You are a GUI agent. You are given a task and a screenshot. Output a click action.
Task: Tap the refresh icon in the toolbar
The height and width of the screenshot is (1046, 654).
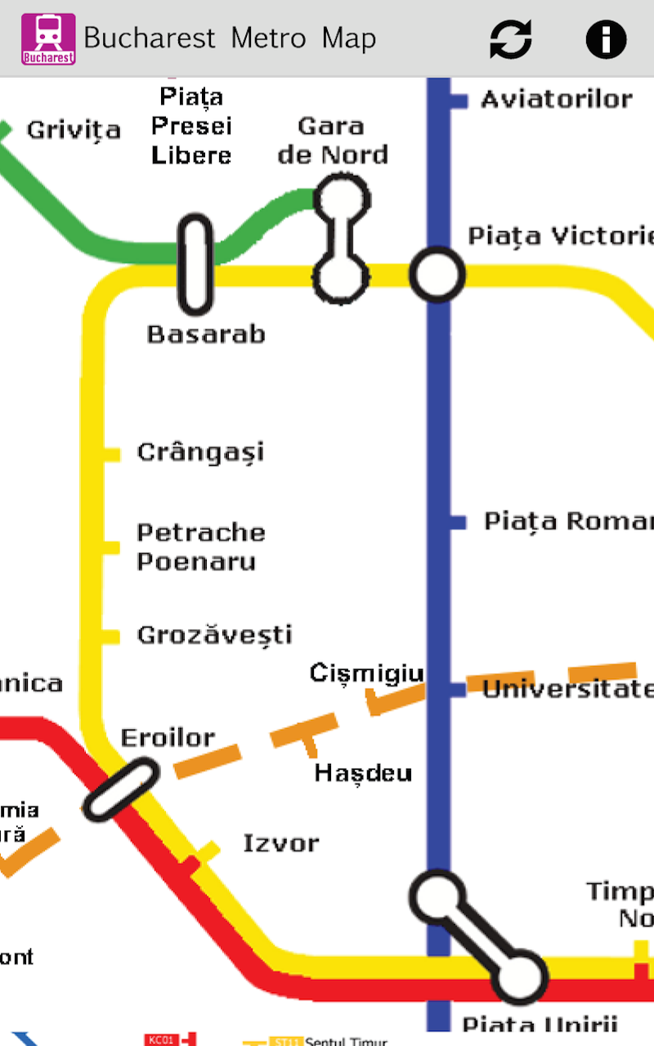click(x=511, y=38)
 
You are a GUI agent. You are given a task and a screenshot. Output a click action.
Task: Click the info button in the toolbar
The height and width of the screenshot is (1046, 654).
click(x=606, y=38)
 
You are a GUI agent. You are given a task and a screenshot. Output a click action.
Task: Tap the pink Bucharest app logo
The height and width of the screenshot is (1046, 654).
click(x=48, y=38)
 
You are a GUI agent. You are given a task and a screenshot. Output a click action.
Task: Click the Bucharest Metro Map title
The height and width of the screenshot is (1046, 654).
click(x=230, y=38)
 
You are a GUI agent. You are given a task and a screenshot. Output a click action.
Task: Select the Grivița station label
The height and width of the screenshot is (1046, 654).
click(x=74, y=130)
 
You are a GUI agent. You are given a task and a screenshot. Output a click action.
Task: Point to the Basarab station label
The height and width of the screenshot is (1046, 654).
click(x=206, y=334)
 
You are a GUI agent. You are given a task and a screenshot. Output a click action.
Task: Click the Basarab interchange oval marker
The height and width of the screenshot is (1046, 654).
click(x=195, y=265)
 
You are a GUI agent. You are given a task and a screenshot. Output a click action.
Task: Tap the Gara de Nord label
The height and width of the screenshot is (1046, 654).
click(x=332, y=141)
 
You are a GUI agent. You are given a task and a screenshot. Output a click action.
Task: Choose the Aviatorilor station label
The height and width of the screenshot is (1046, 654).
click(x=557, y=100)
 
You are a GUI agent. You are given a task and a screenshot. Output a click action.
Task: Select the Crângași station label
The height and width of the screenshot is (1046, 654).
click(x=200, y=452)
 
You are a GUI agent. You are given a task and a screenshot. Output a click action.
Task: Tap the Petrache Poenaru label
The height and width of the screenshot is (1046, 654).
click(x=200, y=547)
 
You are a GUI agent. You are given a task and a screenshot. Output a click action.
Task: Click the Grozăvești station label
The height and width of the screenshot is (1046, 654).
click(x=214, y=635)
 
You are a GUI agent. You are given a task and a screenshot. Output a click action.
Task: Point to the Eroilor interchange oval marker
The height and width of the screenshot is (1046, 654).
click(x=122, y=789)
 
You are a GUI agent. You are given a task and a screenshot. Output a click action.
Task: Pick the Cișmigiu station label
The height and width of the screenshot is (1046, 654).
click(x=366, y=673)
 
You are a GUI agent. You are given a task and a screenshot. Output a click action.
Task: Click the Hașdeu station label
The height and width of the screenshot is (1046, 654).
click(x=363, y=773)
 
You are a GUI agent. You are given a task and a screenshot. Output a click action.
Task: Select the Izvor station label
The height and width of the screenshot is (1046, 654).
click(x=281, y=843)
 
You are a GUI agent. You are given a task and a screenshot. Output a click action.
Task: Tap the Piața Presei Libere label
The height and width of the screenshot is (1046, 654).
click(x=191, y=126)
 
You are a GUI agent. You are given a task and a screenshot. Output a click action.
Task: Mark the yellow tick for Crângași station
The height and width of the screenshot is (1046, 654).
click(x=111, y=454)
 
